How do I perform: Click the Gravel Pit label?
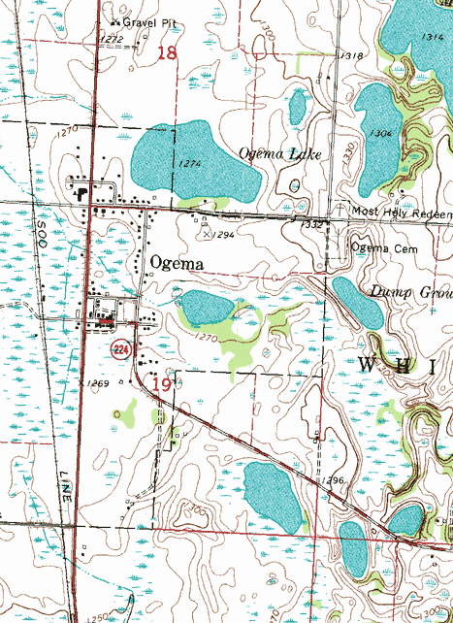click(x=139, y=19)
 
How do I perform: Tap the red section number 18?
click(x=168, y=52)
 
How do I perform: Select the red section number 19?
click(x=162, y=385)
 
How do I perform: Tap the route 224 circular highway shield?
click(x=120, y=348)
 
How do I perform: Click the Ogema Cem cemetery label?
click(x=384, y=247)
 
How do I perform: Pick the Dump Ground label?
click(x=410, y=291)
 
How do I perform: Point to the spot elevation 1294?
click(x=222, y=235)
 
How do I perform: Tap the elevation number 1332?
click(x=311, y=224)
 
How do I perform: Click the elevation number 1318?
click(x=352, y=56)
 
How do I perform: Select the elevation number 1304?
click(x=380, y=133)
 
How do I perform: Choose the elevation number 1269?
click(x=97, y=384)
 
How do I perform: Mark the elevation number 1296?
click(x=335, y=481)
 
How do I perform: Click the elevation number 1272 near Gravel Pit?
click(x=113, y=39)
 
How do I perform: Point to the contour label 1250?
click(x=98, y=617)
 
